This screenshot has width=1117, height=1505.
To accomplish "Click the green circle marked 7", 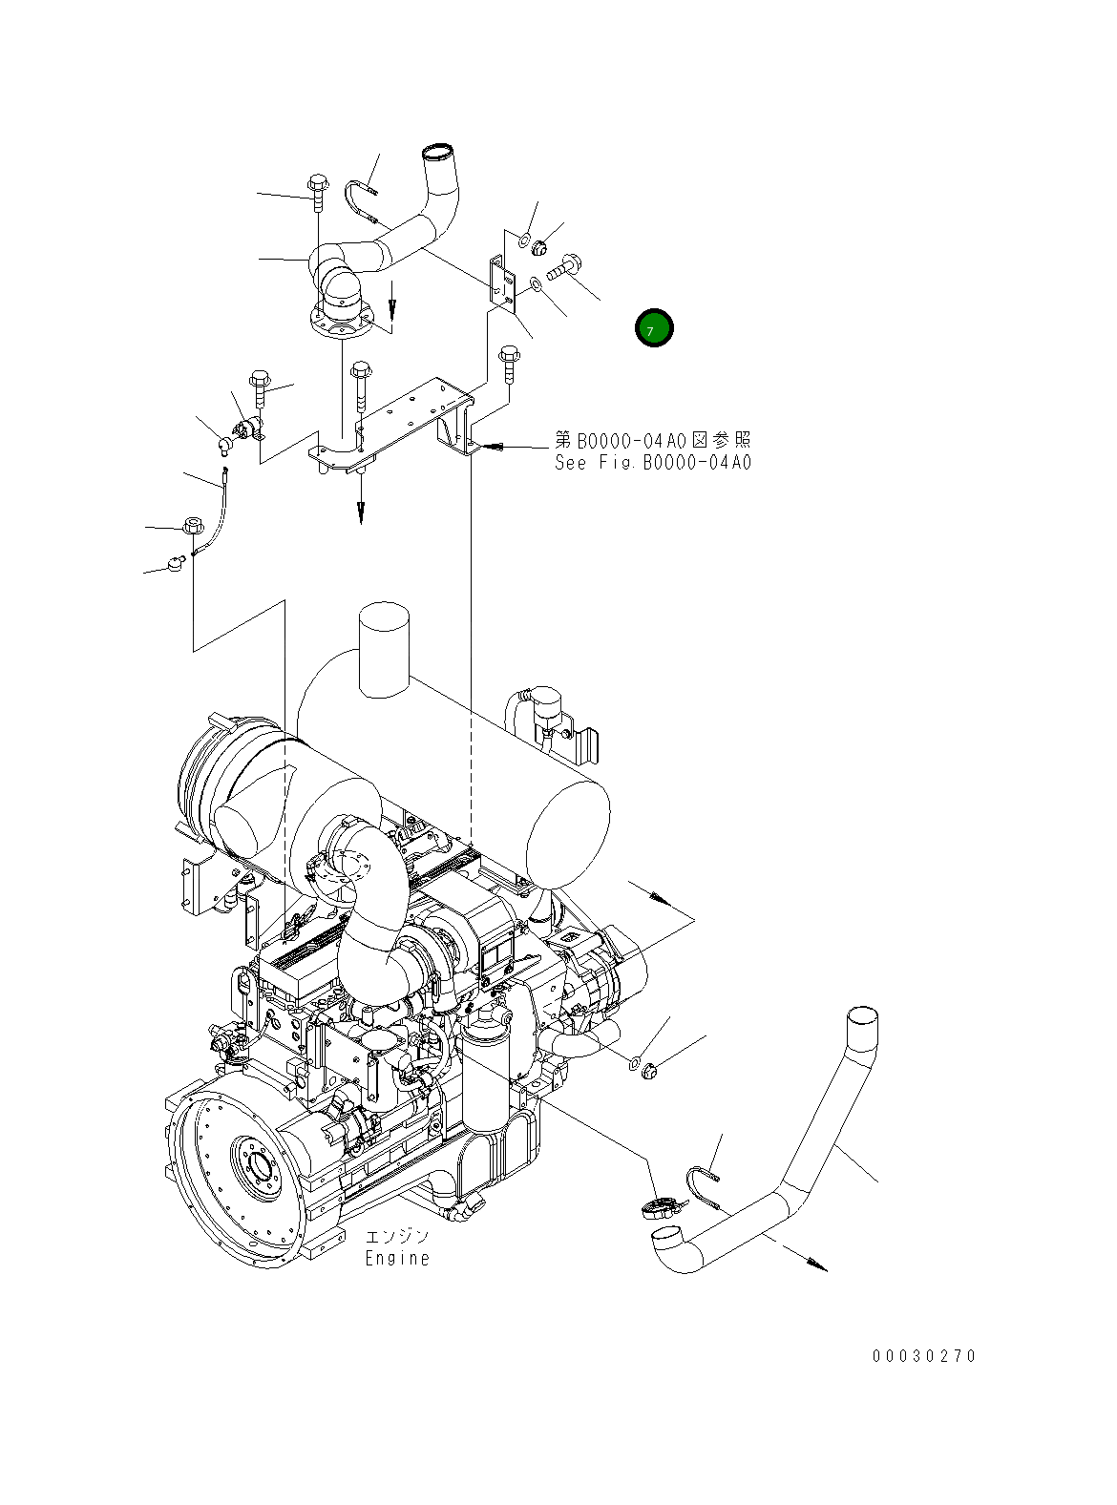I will pyautogui.click(x=654, y=328).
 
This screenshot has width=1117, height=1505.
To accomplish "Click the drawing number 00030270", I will pyautogui.click(x=923, y=1356).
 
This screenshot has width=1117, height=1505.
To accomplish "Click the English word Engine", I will pyautogui.click(x=397, y=1259).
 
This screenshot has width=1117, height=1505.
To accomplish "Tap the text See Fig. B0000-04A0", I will pyautogui.click(x=652, y=463).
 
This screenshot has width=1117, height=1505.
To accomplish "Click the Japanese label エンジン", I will pyautogui.click(x=397, y=1237).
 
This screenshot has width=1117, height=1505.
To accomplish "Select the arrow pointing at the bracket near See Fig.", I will pyautogui.click(x=511, y=446).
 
